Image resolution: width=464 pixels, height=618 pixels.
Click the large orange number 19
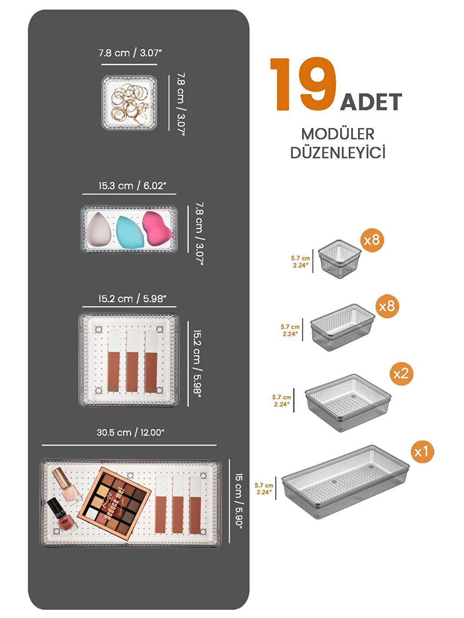coord(303,85)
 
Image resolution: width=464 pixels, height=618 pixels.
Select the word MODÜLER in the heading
coord(338,134)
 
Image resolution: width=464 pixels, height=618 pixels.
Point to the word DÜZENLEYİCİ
coord(338,153)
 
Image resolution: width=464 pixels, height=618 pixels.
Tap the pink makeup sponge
coord(156,228)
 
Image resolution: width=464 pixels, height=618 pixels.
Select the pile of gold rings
coord(129,103)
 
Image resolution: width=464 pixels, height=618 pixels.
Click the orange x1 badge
coord(421,452)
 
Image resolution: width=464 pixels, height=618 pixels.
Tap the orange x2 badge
coord(401,374)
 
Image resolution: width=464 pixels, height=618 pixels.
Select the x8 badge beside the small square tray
coord(372,240)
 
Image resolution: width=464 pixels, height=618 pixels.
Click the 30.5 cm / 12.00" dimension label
coord(130,433)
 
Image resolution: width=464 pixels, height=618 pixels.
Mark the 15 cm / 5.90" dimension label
coord(239,500)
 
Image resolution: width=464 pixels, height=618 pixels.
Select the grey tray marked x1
coord(344,482)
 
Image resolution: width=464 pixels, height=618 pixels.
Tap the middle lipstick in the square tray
coord(132,361)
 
